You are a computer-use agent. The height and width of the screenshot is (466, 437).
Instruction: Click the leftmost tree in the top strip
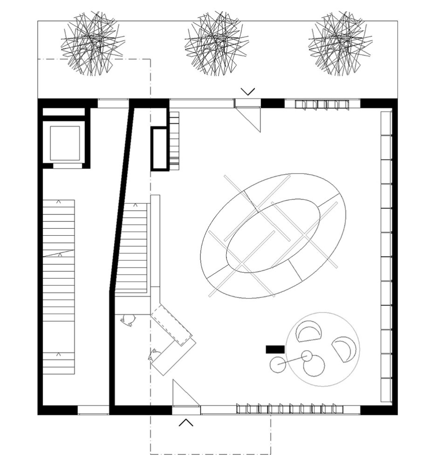[92, 43]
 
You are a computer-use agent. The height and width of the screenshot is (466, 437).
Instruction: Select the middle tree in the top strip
[216, 43]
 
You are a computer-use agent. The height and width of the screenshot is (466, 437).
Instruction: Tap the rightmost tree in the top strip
[340, 43]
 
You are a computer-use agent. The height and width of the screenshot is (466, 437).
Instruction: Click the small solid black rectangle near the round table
[275, 349]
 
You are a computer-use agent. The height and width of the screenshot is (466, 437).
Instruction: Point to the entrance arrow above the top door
[247, 91]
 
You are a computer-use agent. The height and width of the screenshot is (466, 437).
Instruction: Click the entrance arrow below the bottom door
[186, 422]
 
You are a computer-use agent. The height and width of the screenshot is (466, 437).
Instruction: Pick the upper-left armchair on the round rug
[309, 332]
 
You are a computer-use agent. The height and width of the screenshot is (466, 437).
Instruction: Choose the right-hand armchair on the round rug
[345, 349]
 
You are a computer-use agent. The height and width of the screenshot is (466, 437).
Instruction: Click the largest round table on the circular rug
[314, 366]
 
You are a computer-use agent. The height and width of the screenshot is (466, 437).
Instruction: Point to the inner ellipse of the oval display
[273, 236]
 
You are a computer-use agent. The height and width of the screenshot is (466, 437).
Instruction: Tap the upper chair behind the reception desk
[127, 319]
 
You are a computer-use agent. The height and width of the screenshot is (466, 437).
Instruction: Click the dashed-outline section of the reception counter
[171, 325]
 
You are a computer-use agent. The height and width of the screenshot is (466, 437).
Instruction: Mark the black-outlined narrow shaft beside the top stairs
[159, 148]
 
